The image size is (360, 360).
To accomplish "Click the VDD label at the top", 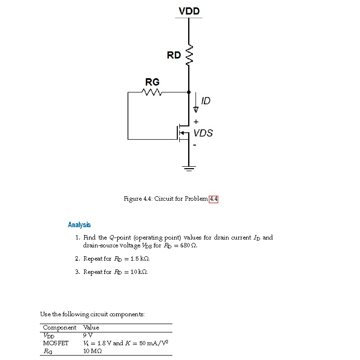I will (189, 11).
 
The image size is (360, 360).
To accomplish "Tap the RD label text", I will (173, 55).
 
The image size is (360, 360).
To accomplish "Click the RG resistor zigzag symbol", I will (151, 92).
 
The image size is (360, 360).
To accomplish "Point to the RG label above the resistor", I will (152, 81).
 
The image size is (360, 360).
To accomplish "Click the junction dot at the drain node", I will (189, 92).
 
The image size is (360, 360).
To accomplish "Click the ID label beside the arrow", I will (205, 101).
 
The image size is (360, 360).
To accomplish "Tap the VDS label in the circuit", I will (203, 133).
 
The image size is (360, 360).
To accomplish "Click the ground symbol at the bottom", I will (189, 168).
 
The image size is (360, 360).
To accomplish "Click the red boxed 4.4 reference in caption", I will (213, 199).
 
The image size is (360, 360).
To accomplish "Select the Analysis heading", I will (79, 225).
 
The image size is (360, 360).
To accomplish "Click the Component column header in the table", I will (60, 328).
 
